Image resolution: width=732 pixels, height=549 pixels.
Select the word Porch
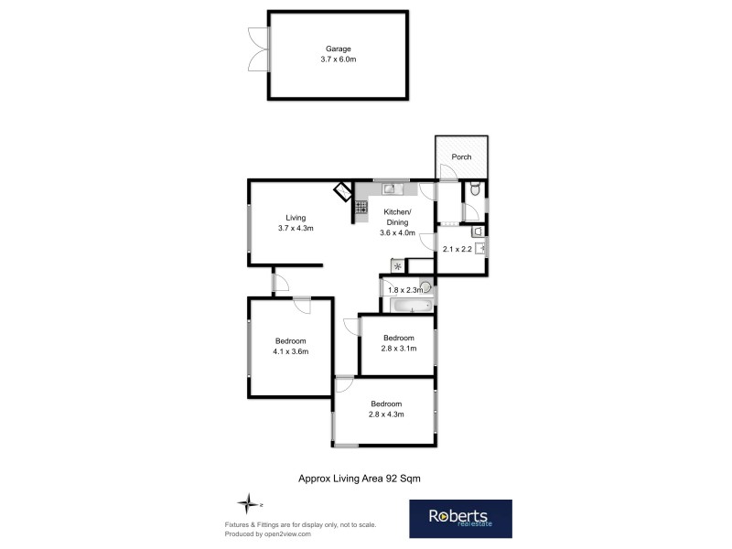[462, 156]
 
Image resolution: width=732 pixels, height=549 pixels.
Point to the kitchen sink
[389, 189]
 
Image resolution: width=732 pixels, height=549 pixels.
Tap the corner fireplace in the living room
[342, 192]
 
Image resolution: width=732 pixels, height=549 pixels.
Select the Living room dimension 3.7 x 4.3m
[296, 229]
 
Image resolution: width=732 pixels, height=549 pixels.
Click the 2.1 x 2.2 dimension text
[457, 249]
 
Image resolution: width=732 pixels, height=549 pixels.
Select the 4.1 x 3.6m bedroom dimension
[290, 351]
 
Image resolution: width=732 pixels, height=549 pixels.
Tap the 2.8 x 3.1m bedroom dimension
[399, 348]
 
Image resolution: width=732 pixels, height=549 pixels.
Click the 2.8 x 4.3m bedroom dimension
[386, 414]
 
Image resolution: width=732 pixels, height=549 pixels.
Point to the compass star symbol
[246, 502]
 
